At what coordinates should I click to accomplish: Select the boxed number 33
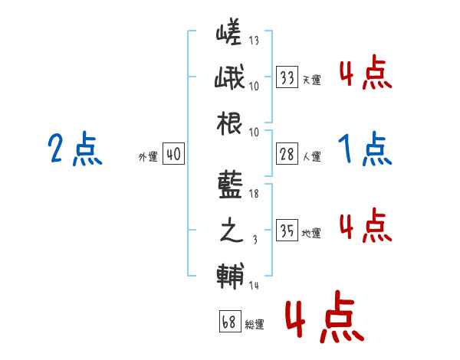[287, 77]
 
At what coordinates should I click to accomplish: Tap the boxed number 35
[287, 230]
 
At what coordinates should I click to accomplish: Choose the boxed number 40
[173, 154]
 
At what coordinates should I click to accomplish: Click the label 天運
[311, 80]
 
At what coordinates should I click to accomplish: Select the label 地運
[311, 233]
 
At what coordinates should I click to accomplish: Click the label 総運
[254, 324]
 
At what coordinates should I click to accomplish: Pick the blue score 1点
[365, 150]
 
